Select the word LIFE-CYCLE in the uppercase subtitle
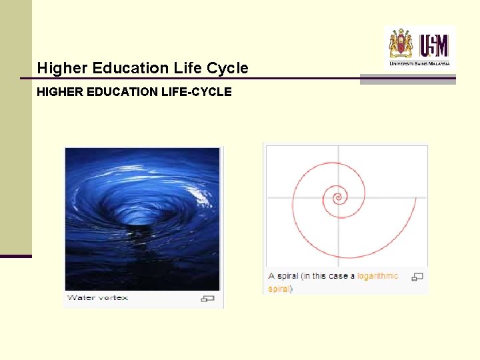[x=197, y=92]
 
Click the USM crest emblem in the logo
[x=401, y=43]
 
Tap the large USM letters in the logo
[x=434, y=45]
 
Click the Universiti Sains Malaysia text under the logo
[x=420, y=63]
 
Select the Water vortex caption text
[x=97, y=298]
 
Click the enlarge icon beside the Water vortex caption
[x=208, y=299]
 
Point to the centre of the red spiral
[x=338, y=197]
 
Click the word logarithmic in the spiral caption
[x=377, y=276]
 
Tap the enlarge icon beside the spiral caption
[x=417, y=277]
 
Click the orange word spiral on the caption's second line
[x=279, y=289]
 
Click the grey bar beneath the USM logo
[x=407, y=79]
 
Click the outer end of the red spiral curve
[x=416, y=198]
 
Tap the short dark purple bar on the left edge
[x=15, y=256]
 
